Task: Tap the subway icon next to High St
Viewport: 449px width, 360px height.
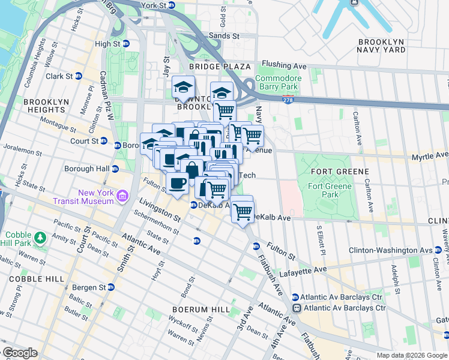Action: point(126,44)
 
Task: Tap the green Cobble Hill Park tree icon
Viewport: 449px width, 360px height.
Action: point(40,238)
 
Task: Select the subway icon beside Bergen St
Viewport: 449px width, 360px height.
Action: point(110,287)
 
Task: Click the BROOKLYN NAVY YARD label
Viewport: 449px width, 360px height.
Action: point(381,46)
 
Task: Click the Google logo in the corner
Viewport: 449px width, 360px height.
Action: point(20,353)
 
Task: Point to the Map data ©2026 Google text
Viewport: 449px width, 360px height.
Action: point(411,355)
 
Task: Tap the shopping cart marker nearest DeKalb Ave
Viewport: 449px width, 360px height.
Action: point(243,212)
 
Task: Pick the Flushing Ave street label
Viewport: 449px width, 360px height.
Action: point(285,65)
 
